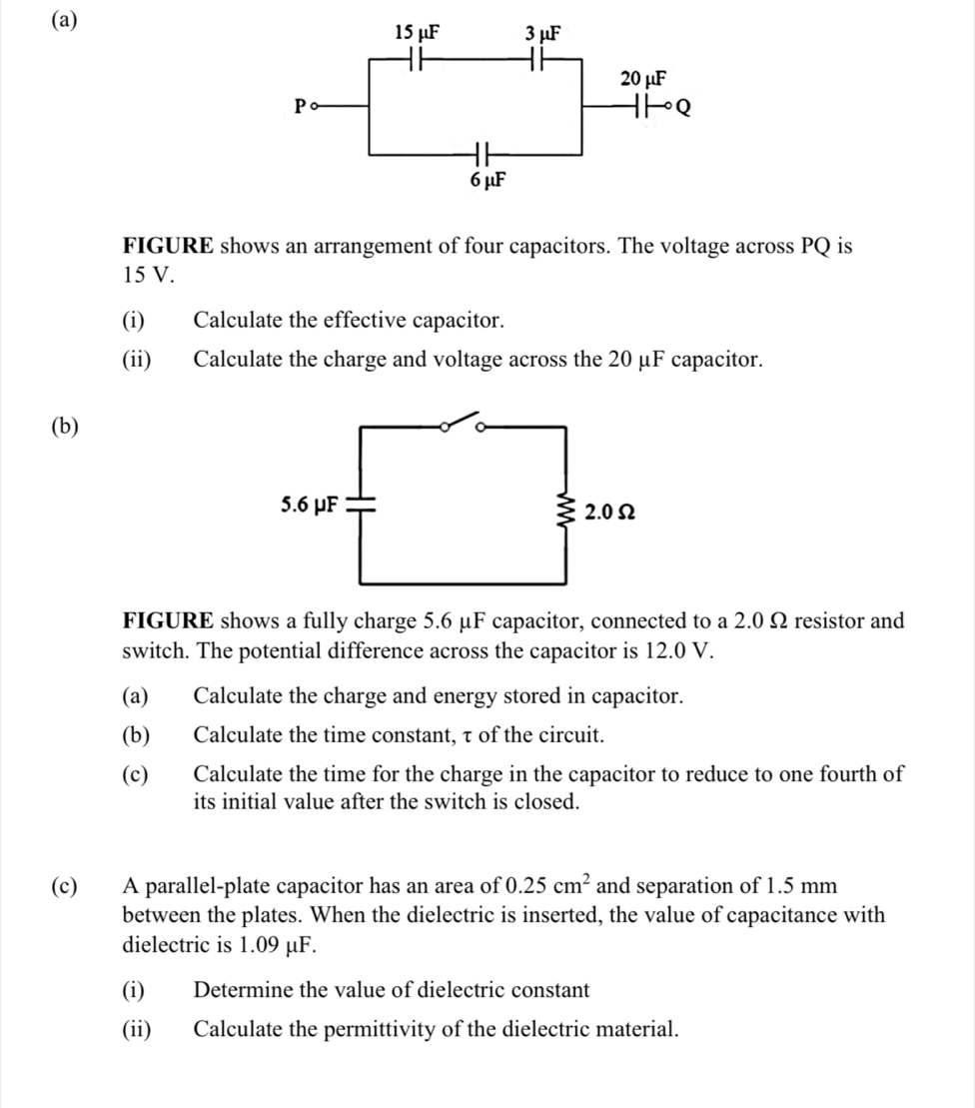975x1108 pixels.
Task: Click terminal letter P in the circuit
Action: [x=297, y=105]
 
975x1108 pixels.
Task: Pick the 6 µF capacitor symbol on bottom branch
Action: [x=484, y=155]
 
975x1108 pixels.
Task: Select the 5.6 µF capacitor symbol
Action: [x=359, y=504]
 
